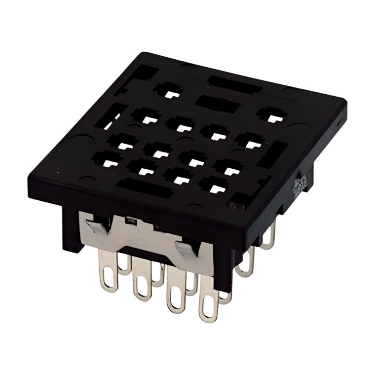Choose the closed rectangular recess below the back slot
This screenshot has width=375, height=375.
pyautogui.click(x=217, y=103)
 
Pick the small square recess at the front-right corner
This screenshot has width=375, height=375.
pyautogui.click(x=239, y=200)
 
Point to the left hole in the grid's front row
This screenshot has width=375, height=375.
pyautogui.click(x=107, y=161)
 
